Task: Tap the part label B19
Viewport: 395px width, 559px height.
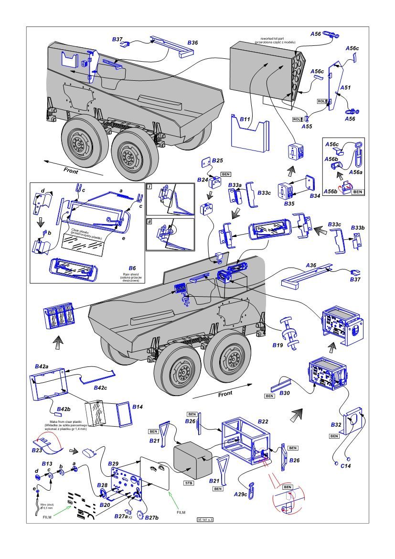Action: tap(278, 345)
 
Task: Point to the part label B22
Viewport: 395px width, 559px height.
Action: tap(263, 421)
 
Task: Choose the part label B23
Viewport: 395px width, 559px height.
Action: tap(37, 450)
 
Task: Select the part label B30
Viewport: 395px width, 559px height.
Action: tap(284, 392)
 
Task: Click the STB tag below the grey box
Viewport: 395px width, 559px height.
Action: tap(189, 484)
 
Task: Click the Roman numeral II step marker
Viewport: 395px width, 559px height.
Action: tap(149, 222)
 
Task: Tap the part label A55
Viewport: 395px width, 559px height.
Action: tap(307, 127)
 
